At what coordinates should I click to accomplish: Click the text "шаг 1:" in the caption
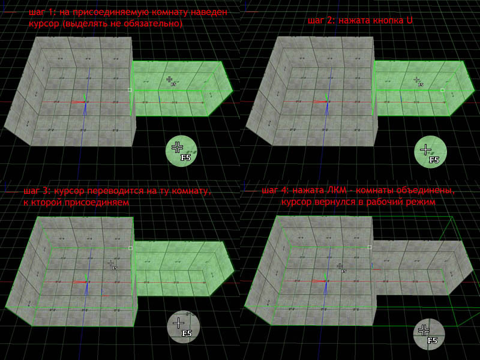(43, 13)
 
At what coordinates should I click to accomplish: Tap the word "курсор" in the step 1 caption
(44, 24)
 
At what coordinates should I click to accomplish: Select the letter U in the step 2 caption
(409, 20)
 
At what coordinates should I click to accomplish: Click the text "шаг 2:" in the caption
(322, 20)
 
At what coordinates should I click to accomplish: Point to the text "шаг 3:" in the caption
(38, 191)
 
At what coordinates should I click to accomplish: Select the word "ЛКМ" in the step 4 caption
(335, 190)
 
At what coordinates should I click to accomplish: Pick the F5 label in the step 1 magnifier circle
(185, 158)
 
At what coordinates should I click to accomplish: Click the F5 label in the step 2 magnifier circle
(434, 160)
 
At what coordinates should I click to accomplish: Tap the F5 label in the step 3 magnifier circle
(187, 333)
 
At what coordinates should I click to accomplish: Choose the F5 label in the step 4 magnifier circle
(432, 340)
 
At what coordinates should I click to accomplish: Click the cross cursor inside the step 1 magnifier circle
(177, 147)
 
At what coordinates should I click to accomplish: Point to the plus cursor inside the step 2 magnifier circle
(425, 149)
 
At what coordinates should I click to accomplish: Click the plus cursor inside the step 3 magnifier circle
(178, 323)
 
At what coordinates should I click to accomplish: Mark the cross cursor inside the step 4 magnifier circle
(424, 330)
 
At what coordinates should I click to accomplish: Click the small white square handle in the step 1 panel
(130, 90)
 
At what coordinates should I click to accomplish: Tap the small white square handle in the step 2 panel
(442, 90)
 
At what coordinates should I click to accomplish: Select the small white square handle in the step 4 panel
(370, 247)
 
